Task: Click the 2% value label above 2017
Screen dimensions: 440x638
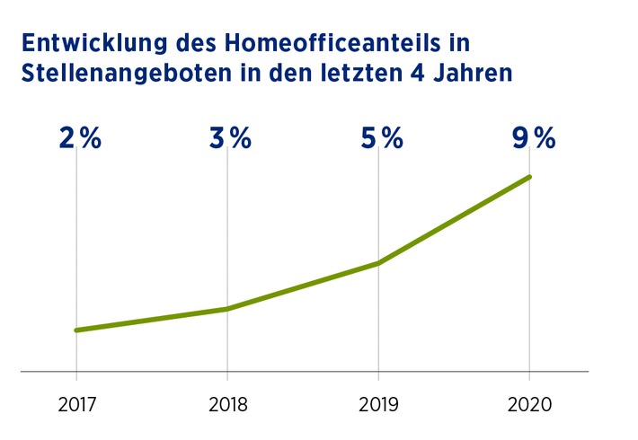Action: point(80,138)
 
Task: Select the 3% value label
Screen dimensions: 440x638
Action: point(230,138)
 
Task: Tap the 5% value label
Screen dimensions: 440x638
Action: point(381,138)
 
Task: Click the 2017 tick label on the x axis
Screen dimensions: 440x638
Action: point(75,405)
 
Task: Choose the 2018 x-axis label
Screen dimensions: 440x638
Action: point(226,405)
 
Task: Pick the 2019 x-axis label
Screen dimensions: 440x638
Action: point(378,405)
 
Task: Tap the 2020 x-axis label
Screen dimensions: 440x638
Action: point(529,405)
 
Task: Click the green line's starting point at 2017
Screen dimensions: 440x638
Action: point(75,330)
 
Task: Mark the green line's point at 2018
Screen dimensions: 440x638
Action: point(226,309)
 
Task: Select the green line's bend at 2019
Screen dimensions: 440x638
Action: point(378,263)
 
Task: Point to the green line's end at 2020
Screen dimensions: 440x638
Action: point(529,177)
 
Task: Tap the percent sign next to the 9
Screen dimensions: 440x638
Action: point(545,138)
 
